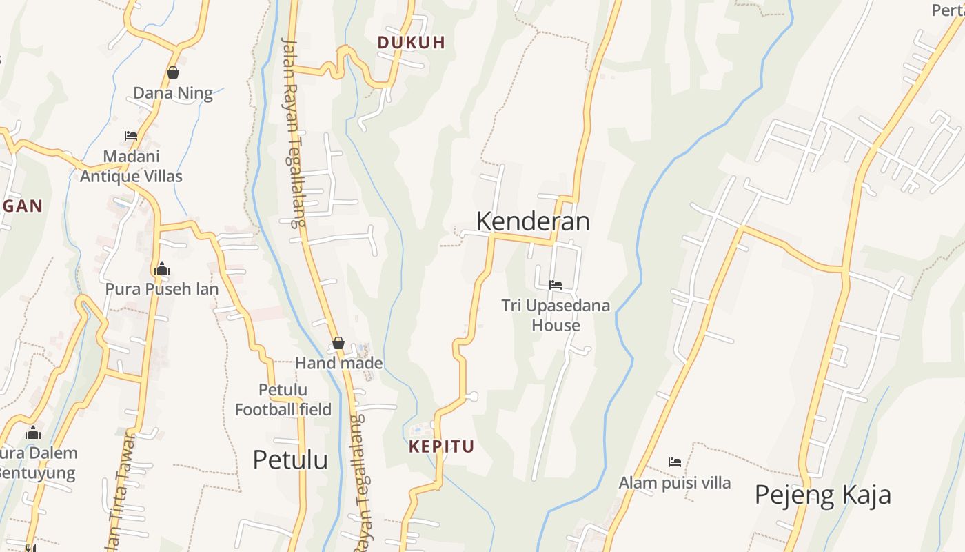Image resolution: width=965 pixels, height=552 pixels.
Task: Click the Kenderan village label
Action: point(533,221)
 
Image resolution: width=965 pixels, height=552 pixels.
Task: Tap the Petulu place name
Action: point(290,460)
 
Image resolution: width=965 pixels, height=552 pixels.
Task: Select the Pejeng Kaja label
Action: point(822,495)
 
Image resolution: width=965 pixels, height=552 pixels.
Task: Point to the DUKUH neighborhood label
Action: point(411,43)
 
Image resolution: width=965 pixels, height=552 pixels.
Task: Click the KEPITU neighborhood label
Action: point(441,446)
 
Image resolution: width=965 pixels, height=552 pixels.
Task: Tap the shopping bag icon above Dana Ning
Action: point(173,72)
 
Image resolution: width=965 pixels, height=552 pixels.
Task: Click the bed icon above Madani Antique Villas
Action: point(131,136)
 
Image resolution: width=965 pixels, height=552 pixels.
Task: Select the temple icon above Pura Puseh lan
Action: point(162,268)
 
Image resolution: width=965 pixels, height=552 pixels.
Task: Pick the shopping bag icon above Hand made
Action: point(338,343)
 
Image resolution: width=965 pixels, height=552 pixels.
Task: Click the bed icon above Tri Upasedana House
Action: point(556,284)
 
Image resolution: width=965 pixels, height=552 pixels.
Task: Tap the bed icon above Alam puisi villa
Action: point(675,462)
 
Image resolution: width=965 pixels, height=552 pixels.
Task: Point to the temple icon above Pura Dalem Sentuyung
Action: point(33,433)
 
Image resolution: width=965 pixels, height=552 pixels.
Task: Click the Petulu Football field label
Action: point(283,400)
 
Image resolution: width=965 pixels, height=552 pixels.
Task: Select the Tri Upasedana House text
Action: point(556,315)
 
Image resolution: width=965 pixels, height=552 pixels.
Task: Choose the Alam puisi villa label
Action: point(674,483)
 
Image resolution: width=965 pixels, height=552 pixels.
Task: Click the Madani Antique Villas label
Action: point(131,166)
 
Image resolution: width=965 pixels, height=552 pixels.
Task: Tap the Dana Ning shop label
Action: point(173,93)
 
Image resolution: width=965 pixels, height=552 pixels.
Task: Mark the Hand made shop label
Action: point(338,363)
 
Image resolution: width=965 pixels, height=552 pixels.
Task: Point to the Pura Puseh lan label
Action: point(161,289)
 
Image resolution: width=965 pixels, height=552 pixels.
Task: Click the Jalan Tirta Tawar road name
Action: point(121,490)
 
